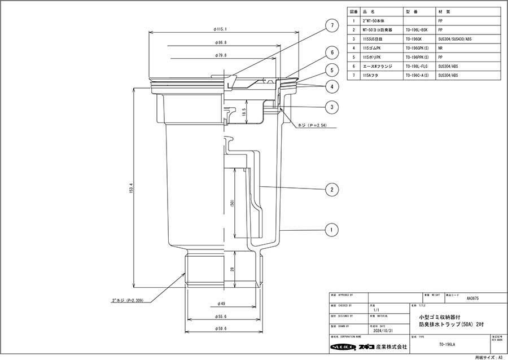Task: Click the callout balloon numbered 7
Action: click(333, 25)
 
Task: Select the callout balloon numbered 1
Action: click(333, 230)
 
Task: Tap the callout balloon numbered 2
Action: click(333, 190)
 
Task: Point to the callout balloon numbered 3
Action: click(333, 107)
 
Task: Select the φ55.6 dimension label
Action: click(223, 317)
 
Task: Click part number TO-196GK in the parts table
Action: click(414, 39)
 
